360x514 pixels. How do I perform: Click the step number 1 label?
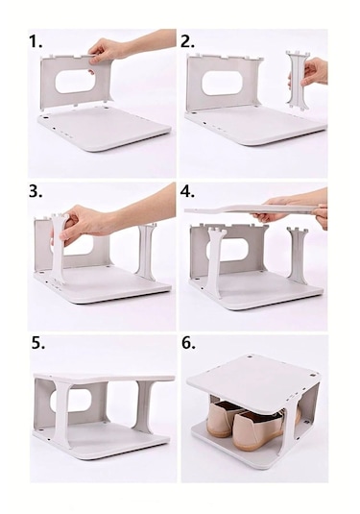[x=36, y=41]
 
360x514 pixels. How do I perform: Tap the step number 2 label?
[x=187, y=41]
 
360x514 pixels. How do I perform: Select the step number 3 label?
[x=36, y=192]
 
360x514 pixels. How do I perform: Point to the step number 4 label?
[x=188, y=192]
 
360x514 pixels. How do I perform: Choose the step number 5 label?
[x=38, y=343]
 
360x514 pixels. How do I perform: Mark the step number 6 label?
[x=189, y=343]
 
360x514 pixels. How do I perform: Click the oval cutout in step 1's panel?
[x=75, y=81]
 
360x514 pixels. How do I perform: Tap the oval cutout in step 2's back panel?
[x=222, y=83]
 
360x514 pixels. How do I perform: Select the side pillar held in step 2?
[x=298, y=81]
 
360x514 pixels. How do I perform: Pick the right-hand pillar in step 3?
[x=147, y=252]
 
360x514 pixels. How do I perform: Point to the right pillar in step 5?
[x=143, y=406]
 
